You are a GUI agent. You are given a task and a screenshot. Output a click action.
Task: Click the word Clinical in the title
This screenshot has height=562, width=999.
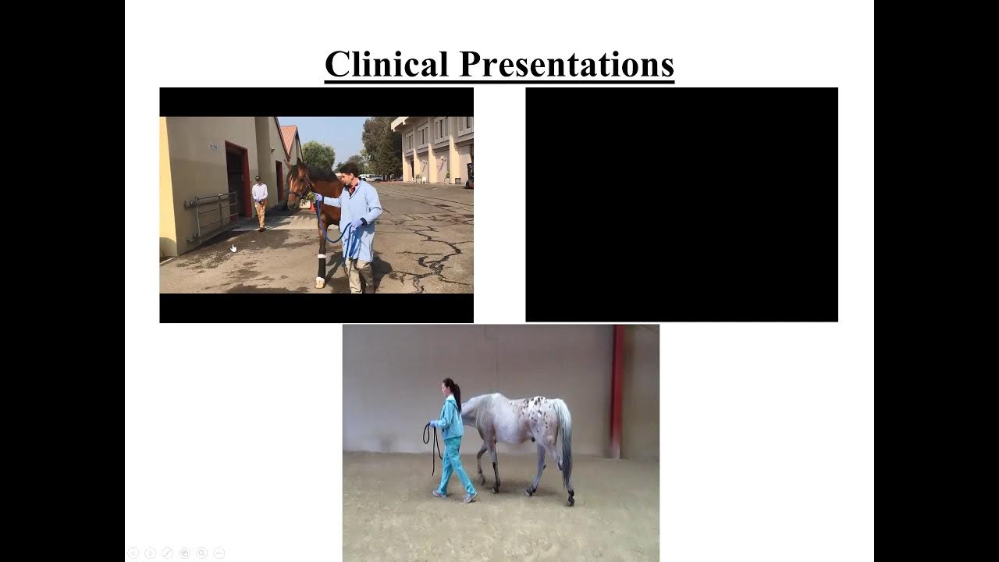pyautogui.click(x=386, y=64)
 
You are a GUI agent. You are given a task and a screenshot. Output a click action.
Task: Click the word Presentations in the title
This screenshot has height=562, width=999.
pyautogui.click(x=567, y=64)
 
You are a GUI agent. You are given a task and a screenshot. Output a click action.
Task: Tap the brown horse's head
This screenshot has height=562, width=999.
pyautogui.click(x=297, y=184)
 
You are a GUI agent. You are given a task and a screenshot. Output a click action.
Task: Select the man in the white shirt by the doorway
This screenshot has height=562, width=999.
pyautogui.click(x=260, y=201)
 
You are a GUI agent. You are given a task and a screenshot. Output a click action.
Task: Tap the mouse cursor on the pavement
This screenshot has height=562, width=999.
pyautogui.click(x=233, y=248)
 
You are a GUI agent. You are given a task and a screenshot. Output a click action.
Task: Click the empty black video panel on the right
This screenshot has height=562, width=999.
pyautogui.click(x=681, y=205)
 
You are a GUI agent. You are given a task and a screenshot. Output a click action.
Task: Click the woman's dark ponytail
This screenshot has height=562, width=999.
pyautogui.click(x=455, y=393)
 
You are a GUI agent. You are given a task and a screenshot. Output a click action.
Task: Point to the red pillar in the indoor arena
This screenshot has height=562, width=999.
pyautogui.click(x=617, y=390)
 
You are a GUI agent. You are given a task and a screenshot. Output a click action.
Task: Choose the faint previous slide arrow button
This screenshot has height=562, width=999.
pyautogui.click(x=133, y=553)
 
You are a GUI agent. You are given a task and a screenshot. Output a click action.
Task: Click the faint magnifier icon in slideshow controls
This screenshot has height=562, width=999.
pyautogui.click(x=201, y=553)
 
